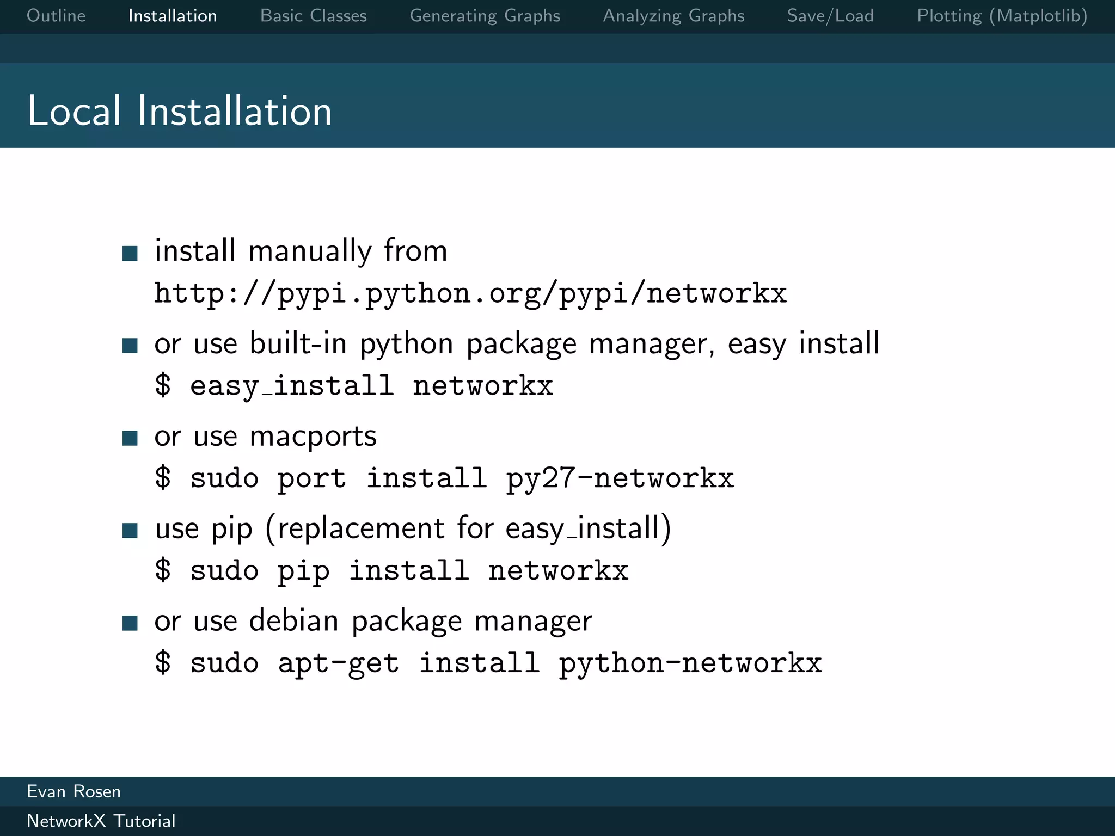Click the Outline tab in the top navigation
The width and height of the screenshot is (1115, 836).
click(x=56, y=16)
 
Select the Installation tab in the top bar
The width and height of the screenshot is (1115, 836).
click(x=173, y=16)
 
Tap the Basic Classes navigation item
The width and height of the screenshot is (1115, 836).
click(x=314, y=16)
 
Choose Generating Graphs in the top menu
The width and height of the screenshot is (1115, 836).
click(x=485, y=16)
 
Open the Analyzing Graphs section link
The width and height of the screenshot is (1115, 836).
click(x=673, y=16)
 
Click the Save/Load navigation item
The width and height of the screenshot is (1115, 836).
click(x=830, y=16)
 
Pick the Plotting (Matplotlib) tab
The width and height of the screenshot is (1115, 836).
click(x=1002, y=16)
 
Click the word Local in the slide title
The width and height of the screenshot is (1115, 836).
click(x=74, y=111)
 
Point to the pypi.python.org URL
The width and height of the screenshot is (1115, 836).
click(x=470, y=294)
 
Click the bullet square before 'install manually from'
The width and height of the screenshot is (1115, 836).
click(x=130, y=253)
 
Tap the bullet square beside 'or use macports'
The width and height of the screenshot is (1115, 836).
click(x=130, y=438)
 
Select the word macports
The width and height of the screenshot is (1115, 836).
click(x=313, y=437)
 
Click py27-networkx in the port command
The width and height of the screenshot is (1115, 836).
click(x=620, y=479)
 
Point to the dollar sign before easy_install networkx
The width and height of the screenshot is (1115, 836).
click(x=162, y=386)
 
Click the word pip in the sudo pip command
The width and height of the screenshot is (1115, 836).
click(x=303, y=571)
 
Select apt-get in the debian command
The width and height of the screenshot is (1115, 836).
click(x=338, y=664)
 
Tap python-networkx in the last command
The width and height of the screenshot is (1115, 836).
click(x=690, y=664)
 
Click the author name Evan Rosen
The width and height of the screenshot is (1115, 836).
click(x=73, y=791)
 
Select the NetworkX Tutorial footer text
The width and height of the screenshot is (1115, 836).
click(x=101, y=821)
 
